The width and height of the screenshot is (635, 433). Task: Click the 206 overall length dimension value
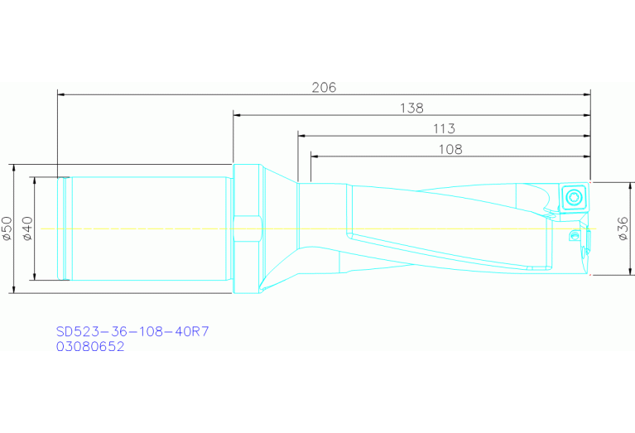coord(324,87)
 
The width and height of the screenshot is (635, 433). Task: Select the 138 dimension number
coord(411,108)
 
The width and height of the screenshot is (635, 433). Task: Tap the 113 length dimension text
coord(443,128)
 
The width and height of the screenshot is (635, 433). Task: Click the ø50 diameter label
coord(7,229)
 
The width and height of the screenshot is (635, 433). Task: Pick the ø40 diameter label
coord(27,229)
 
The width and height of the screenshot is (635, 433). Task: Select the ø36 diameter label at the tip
coord(623,229)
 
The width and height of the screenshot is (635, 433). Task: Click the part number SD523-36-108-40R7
coord(132,331)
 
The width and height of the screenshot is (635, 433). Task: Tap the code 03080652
coord(90,347)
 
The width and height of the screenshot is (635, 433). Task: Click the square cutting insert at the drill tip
coord(575,197)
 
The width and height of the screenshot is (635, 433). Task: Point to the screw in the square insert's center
coord(575,197)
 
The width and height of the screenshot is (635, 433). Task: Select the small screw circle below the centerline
coord(574,238)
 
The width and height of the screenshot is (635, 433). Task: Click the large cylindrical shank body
coord(149,229)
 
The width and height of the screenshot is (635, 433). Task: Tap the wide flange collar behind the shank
coord(246,229)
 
